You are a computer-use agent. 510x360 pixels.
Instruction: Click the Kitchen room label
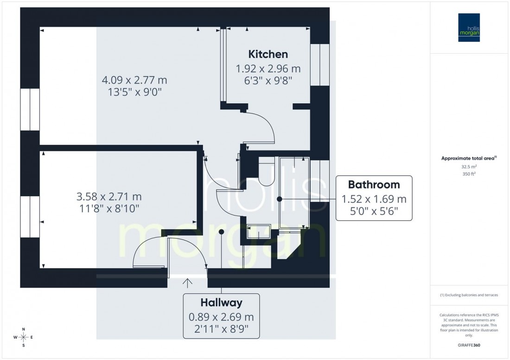268,54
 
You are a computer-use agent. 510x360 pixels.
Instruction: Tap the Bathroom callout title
374,185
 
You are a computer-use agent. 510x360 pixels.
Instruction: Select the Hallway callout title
221,303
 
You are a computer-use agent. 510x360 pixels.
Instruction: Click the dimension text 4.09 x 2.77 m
134,80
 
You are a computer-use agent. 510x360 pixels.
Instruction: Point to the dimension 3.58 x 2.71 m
109,196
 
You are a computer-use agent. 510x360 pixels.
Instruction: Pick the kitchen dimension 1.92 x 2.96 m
268,69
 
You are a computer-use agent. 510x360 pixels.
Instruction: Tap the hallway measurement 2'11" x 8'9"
221,330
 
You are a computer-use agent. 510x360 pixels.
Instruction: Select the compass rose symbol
24,337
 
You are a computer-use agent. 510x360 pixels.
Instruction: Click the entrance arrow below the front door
188,282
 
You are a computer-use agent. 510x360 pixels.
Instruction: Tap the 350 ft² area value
470,174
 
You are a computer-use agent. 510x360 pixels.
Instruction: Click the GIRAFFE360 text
470,346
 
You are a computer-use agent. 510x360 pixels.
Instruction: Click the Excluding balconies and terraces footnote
470,295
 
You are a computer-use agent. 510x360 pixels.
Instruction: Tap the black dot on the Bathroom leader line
279,199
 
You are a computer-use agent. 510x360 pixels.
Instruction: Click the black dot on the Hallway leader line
222,231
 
